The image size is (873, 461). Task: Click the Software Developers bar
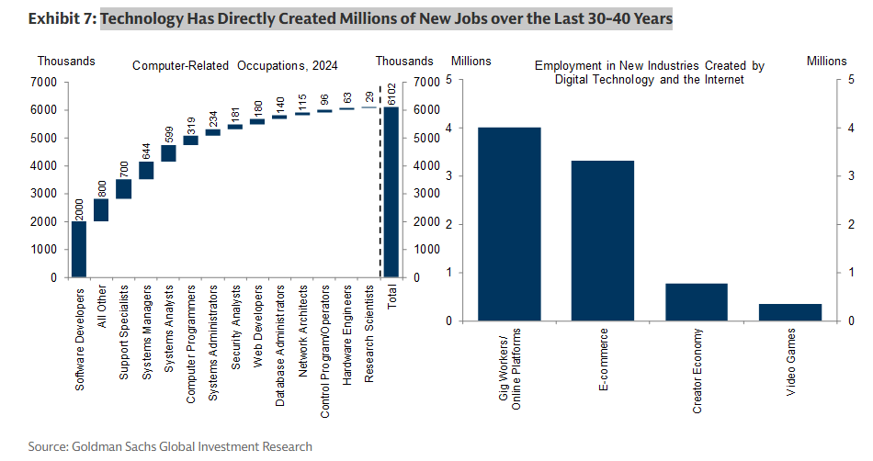click(x=79, y=249)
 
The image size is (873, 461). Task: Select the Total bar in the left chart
click(x=392, y=192)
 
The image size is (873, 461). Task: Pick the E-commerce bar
click(x=604, y=241)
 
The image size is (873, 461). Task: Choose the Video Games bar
click(x=790, y=312)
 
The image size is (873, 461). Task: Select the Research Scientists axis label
click(x=369, y=338)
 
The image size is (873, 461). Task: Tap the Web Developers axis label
click(x=258, y=331)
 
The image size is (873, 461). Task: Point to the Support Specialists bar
click(x=124, y=189)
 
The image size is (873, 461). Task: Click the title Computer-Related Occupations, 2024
click(x=234, y=65)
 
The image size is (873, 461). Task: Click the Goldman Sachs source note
click(x=170, y=446)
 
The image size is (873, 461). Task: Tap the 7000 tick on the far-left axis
click(x=46, y=82)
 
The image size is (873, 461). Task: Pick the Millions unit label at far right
click(x=826, y=62)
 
